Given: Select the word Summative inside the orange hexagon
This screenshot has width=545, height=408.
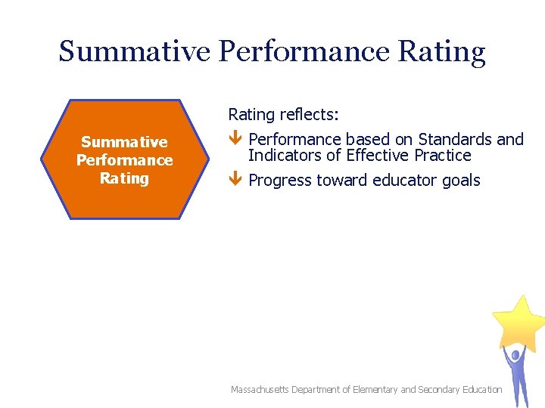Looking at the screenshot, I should click(x=124, y=142).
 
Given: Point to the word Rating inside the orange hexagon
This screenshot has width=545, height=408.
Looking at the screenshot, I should click(x=124, y=178).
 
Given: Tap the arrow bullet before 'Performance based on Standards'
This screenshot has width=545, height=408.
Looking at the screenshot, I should click(x=235, y=140).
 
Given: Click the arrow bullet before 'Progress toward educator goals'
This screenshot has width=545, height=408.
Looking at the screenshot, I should click(x=235, y=181).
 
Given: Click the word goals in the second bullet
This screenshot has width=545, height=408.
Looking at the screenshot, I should click(x=461, y=181).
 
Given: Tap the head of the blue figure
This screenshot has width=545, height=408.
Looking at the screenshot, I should click(x=515, y=354).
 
